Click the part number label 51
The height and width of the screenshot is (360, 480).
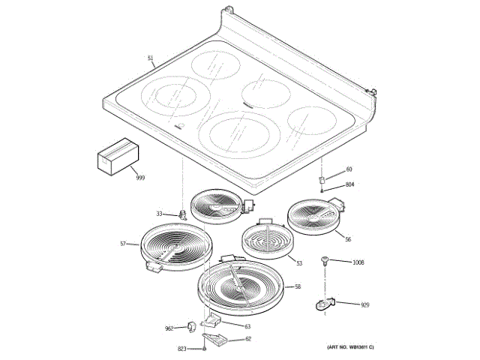150,58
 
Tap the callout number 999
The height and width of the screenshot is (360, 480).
140,177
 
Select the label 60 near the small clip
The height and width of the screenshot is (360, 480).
349,169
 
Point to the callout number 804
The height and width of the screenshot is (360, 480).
349,184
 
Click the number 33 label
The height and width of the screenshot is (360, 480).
160,214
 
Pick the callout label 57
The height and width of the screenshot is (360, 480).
124,244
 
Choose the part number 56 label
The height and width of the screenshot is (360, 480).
347,239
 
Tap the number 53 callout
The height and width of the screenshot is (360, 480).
298,263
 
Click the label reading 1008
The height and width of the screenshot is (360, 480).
358,262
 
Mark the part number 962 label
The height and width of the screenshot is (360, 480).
169,328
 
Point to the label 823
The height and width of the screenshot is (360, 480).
182,349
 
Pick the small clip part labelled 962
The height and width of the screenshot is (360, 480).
192,326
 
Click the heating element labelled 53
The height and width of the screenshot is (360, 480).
266,240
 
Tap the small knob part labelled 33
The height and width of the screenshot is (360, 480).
181,214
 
